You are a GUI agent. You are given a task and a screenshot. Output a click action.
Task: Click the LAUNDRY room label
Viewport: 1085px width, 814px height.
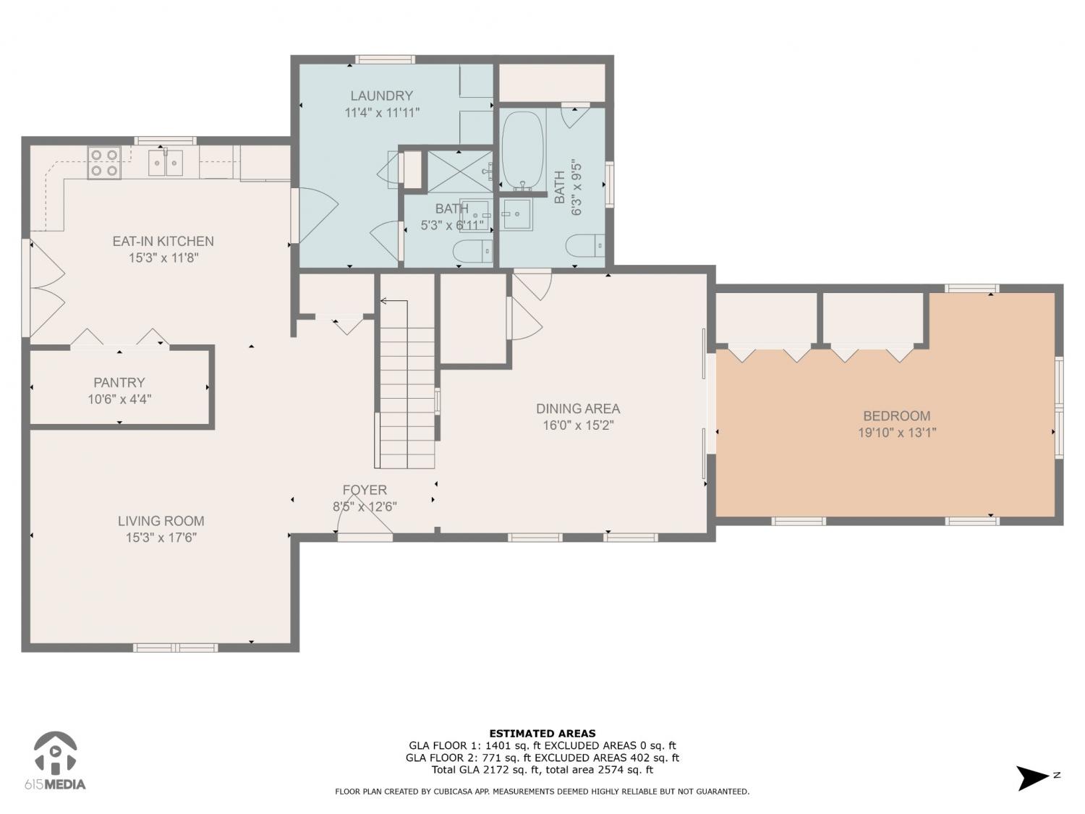(382, 96)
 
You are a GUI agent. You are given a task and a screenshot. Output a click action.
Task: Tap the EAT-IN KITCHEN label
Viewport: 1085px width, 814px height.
(163, 241)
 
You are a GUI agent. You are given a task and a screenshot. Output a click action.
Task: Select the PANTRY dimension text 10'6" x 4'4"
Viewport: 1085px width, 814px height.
(119, 399)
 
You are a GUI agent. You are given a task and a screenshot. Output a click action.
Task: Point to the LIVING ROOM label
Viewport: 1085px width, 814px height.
(161, 521)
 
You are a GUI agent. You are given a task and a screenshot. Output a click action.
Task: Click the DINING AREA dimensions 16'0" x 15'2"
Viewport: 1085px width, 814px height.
(579, 425)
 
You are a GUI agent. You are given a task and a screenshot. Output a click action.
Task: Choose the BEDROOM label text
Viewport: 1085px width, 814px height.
(897, 415)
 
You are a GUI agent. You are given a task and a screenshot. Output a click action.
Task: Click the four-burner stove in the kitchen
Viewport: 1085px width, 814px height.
(104, 163)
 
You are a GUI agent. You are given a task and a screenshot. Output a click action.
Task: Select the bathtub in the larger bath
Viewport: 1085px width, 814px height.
(523, 150)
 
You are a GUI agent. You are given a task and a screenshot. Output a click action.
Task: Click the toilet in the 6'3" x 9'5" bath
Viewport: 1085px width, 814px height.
(585, 245)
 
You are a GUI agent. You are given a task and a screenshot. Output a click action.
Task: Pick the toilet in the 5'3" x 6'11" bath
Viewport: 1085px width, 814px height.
(473, 252)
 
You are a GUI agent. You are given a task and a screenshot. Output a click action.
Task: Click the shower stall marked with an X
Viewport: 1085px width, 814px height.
(460, 171)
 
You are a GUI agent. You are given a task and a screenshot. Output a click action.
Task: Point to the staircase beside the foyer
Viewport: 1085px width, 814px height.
(407, 383)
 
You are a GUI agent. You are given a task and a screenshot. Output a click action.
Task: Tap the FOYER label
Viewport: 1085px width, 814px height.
(365, 490)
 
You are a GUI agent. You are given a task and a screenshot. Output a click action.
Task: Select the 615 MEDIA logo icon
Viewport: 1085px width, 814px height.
(56, 752)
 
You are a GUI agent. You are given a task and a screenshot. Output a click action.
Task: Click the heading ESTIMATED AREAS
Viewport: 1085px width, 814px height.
(542, 734)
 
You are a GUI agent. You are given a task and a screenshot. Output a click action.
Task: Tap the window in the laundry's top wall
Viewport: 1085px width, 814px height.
(385, 59)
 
